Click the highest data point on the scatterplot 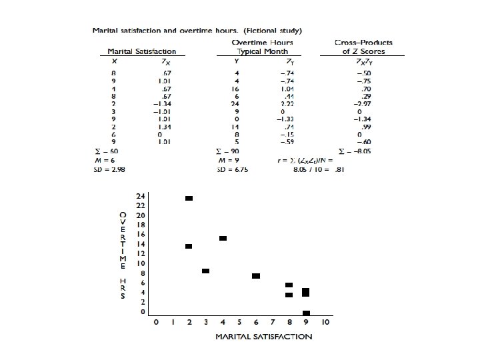(189, 198)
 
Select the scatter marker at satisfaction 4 (223, 238)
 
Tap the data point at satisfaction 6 (256, 276)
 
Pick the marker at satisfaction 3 (205, 271)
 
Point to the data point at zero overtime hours (306, 313)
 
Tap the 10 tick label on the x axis (325, 323)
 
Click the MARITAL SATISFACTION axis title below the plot (263, 337)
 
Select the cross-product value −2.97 (363, 104)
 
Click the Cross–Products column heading (363, 43)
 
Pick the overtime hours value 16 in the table (235, 89)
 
